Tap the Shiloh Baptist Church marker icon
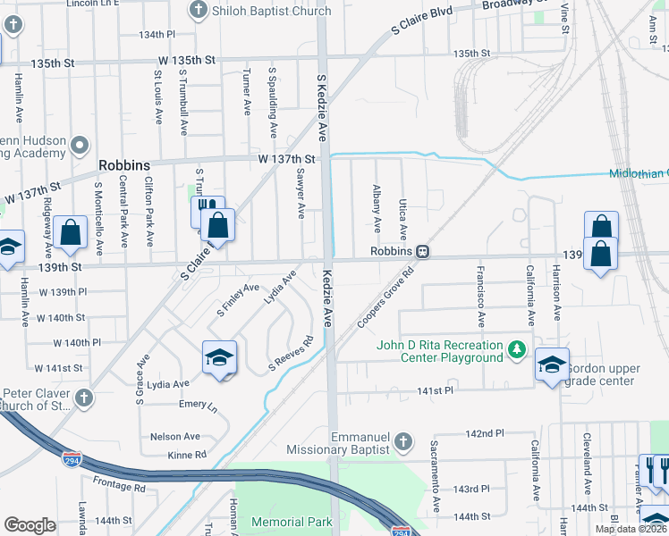(199, 11)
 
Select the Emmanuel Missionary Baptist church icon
(403, 441)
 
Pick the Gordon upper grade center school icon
(551, 364)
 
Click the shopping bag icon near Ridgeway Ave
(70, 233)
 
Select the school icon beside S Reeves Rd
(219, 359)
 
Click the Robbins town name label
(124, 165)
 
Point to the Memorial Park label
(292, 521)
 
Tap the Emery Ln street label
(198, 405)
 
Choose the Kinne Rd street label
(187, 455)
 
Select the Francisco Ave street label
(480, 296)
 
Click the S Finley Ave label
(238, 299)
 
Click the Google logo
(29, 525)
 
